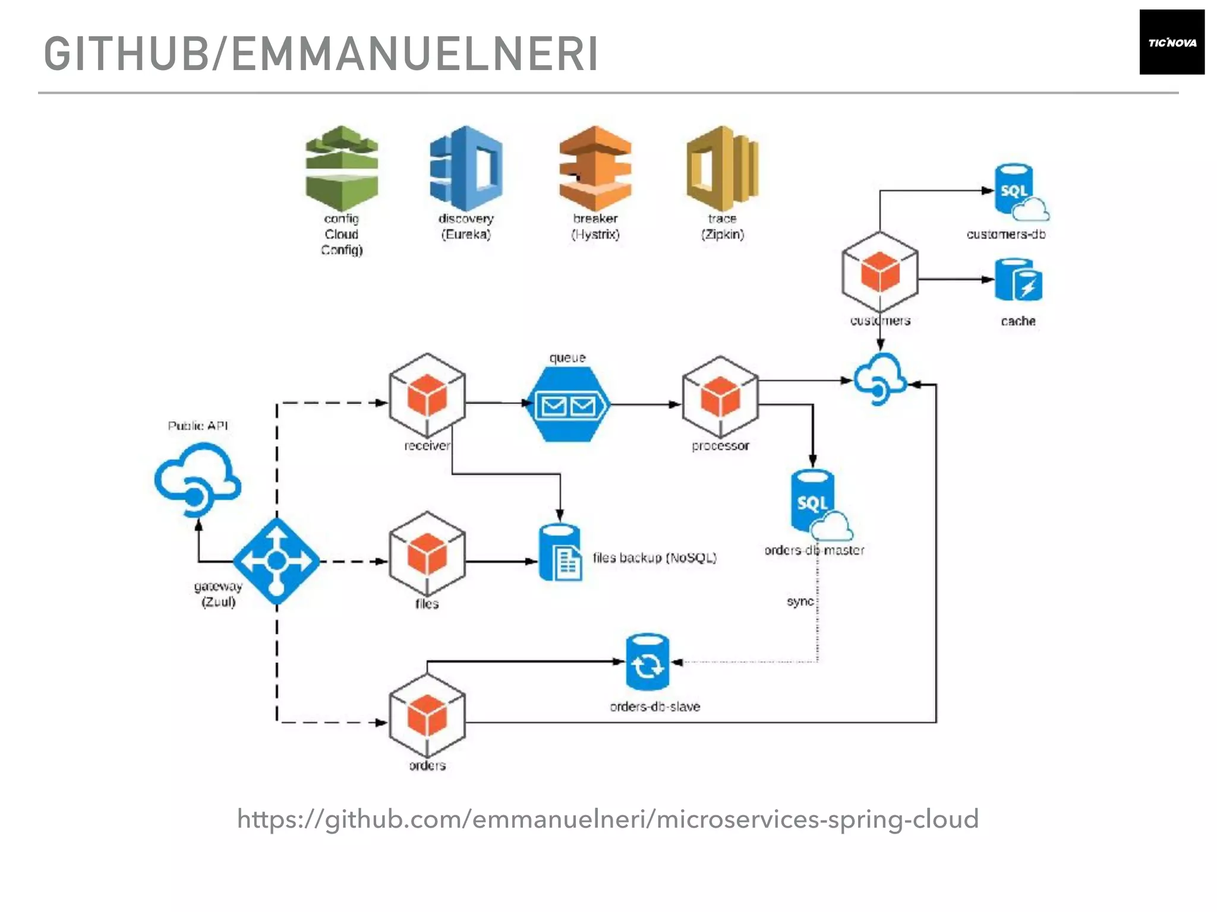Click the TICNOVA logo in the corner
pyautogui.click(x=1171, y=42)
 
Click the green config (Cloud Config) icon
pyautogui.click(x=342, y=168)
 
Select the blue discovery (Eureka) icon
pyautogui.click(x=466, y=168)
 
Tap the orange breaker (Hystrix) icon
pyautogui.click(x=595, y=168)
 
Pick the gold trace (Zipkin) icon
pyautogui.click(x=722, y=168)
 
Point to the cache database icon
pyautogui.click(x=1019, y=280)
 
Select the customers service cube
pyautogui.click(x=879, y=272)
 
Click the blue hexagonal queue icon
pyautogui.click(x=568, y=404)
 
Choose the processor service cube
pyautogui.click(x=720, y=397)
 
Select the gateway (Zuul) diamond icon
pyautogui.click(x=276, y=560)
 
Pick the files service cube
pyautogui.click(x=427, y=553)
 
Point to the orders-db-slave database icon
pyautogui.click(x=647, y=662)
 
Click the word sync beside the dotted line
pyautogui.click(x=800, y=601)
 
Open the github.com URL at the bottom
pyautogui.click(x=607, y=819)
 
